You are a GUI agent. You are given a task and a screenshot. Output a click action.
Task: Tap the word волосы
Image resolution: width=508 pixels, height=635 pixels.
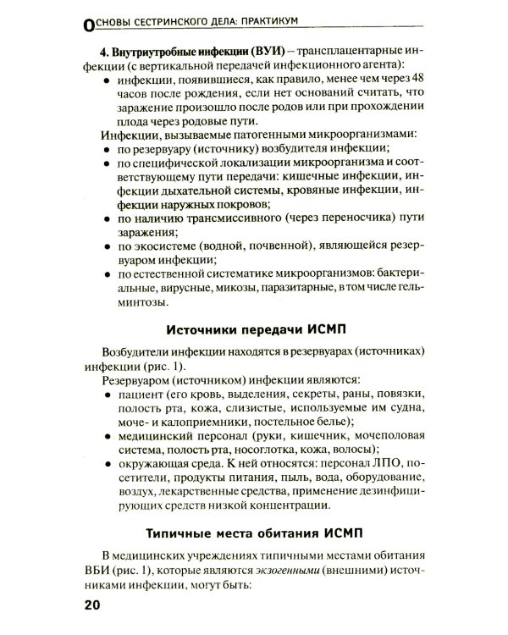[357, 448]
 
